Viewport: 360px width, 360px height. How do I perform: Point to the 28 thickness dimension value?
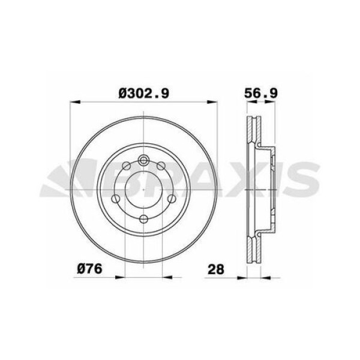216,269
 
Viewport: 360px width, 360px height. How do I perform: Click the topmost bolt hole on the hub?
145,160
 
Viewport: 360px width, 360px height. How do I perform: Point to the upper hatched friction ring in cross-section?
251,134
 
